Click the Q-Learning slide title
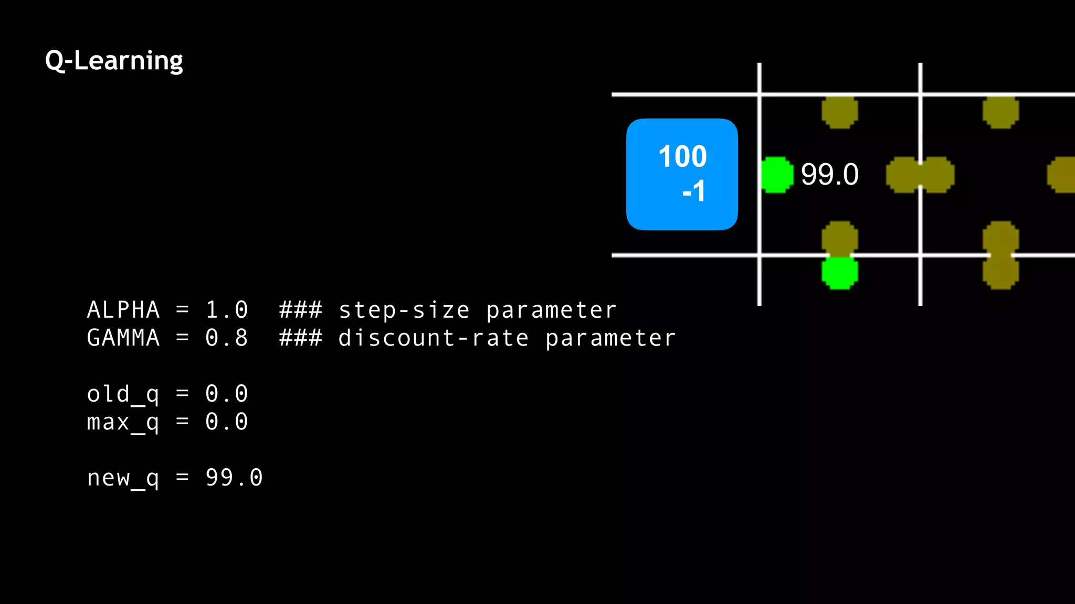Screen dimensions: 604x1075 [x=114, y=61]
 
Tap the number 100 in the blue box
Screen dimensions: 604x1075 [x=682, y=156]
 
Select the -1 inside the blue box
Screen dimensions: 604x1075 [x=693, y=191]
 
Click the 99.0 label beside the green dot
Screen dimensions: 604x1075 [x=829, y=175]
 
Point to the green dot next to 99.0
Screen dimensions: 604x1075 [x=776, y=175]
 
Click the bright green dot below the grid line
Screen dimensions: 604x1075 [x=839, y=273]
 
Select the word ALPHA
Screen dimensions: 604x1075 [x=123, y=310]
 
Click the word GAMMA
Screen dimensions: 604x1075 [x=123, y=338]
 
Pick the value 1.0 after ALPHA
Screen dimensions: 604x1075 [x=226, y=310]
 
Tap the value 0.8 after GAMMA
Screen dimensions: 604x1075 [x=226, y=338]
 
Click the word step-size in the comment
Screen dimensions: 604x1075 [x=404, y=310]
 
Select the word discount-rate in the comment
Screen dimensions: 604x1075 [x=433, y=338]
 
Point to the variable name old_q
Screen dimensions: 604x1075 [x=123, y=394]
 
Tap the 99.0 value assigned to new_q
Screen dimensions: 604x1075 [x=234, y=478]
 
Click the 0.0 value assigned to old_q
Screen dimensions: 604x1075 [x=226, y=394]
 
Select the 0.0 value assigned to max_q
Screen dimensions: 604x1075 [x=226, y=422]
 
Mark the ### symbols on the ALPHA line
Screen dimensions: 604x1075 [x=300, y=310]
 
